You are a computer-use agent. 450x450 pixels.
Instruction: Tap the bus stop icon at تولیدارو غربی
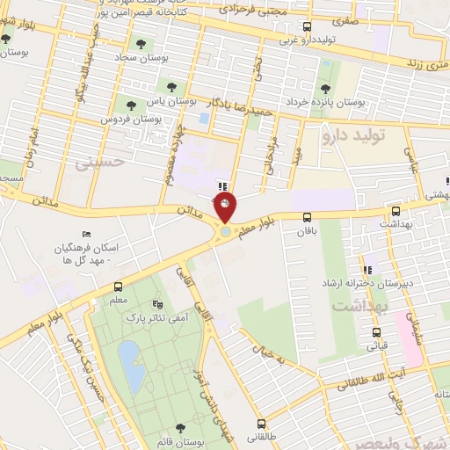click(x=306, y=26)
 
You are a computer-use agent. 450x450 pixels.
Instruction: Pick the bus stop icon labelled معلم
click(x=118, y=287)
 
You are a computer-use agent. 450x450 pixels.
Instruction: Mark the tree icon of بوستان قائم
click(x=179, y=428)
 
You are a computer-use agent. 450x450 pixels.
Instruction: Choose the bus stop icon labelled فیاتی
click(x=377, y=333)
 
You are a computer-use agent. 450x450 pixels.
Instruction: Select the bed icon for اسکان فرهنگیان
click(x=85, y=234)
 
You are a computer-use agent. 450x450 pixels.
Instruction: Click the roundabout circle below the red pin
click(x=226, y=231)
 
